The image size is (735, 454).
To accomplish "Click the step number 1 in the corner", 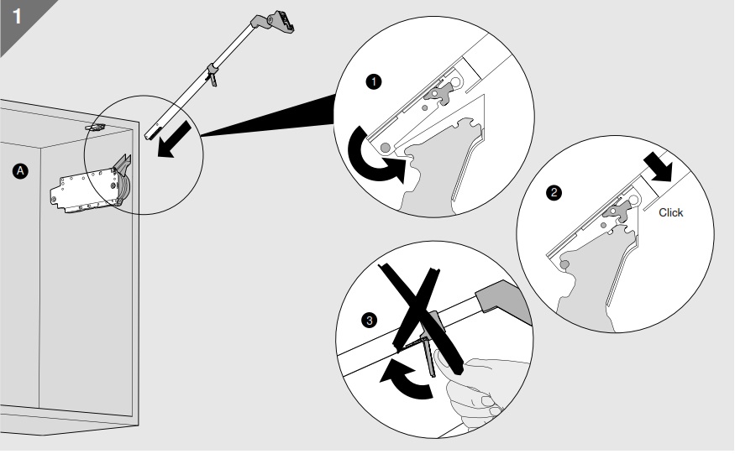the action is [x=17, y=16].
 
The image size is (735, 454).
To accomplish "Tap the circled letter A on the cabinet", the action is [x=20, y=171].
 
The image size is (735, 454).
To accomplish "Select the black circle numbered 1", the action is [x=374, y=82].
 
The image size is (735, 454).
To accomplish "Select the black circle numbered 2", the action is [x=554, y=192].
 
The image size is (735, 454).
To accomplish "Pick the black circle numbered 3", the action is [x=370, y=321].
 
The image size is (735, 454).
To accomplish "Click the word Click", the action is [x=671, y=212].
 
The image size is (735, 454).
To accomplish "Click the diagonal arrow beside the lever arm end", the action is [x=174, y=139].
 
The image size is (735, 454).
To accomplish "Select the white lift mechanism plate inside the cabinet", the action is [x=84, y=191].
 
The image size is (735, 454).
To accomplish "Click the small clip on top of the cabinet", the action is [x=95, y=127].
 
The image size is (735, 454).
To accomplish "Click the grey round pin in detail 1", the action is [x=386, y=148].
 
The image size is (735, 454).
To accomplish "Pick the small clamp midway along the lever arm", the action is [x=212, y=75].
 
